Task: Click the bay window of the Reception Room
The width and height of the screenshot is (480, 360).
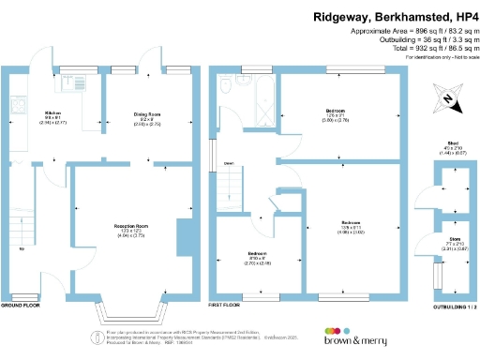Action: pyautogui.click(x=132, y=309)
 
